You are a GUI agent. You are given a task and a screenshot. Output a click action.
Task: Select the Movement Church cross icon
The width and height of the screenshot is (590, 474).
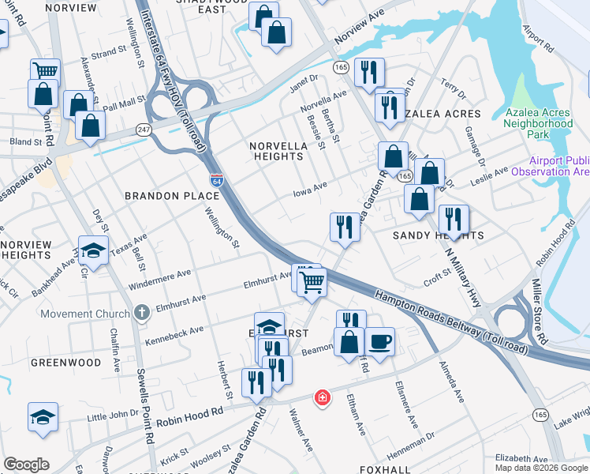141,313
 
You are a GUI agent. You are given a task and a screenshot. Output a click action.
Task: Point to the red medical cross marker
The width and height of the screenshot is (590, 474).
321,397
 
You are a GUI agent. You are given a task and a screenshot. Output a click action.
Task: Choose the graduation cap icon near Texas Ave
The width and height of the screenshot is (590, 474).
94,251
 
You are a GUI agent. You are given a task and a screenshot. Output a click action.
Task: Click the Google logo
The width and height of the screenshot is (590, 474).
26,465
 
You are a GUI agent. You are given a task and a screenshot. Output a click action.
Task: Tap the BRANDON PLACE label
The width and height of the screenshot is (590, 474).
159,194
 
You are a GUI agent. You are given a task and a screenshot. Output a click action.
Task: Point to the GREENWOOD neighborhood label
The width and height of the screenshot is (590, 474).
65,363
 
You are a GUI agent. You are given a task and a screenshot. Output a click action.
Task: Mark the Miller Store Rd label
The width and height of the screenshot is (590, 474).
539,310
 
